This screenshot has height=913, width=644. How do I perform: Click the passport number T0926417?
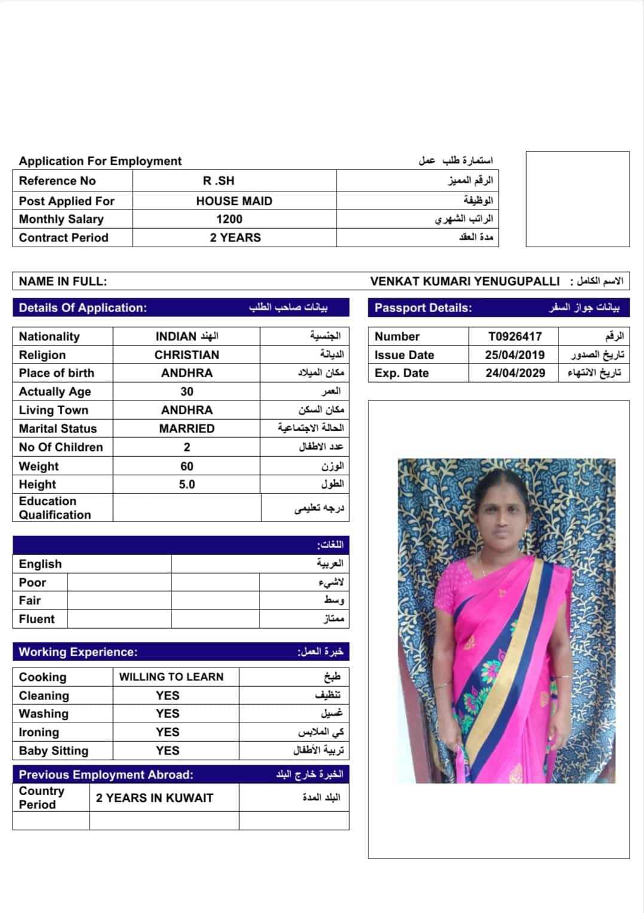(514, 336)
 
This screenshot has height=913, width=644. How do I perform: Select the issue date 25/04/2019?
(514, 355)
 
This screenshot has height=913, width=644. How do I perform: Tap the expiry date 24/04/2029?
(515, 373)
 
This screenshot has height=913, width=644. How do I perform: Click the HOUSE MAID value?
(234, 201)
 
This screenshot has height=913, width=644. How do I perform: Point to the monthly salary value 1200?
(229, 219)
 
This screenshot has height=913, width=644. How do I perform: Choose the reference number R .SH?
(218, 181)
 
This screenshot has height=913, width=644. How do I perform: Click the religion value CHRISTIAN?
(187, 355)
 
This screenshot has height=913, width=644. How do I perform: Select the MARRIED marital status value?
(187, 429)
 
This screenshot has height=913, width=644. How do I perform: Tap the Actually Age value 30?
(187, 392)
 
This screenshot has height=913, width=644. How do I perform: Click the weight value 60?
(187, 466)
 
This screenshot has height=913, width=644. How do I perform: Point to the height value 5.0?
(187, 484)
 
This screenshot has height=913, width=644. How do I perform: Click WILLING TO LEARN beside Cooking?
(171, 677)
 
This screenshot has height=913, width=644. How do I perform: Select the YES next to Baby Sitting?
(167, 751)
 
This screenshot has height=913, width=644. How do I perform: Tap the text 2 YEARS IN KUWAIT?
(154, 798)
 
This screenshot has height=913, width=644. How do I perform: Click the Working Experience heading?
(78, 652)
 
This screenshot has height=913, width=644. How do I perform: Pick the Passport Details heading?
(423, 308)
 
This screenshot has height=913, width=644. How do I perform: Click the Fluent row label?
(36, 619)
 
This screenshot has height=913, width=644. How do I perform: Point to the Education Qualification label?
(54, 508)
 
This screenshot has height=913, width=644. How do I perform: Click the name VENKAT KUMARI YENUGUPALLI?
(465, 281)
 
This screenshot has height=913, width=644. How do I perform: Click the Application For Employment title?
(100, 161)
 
